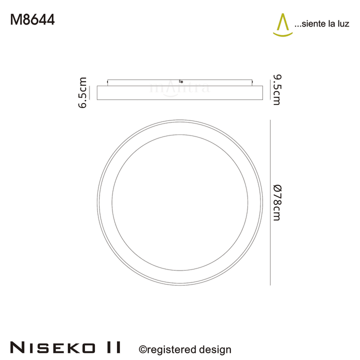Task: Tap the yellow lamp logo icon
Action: [282, 25]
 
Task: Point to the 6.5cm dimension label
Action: [83, 92]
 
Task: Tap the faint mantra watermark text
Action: [180, 88]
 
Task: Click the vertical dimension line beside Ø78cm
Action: [270, 202]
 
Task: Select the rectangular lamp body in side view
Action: [180, 92]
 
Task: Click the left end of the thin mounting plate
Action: [108, 81]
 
